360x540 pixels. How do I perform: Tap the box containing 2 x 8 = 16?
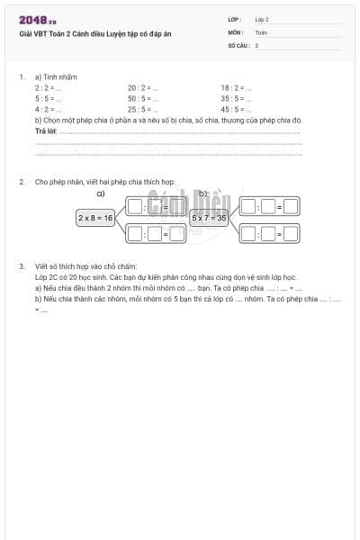95,218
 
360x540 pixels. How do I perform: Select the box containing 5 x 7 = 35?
210,218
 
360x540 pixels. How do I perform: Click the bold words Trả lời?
45,131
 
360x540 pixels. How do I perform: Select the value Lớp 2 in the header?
262,19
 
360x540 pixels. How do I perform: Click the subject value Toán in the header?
261,31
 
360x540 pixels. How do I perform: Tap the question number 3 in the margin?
22,266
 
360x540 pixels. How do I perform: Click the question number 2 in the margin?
22,182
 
